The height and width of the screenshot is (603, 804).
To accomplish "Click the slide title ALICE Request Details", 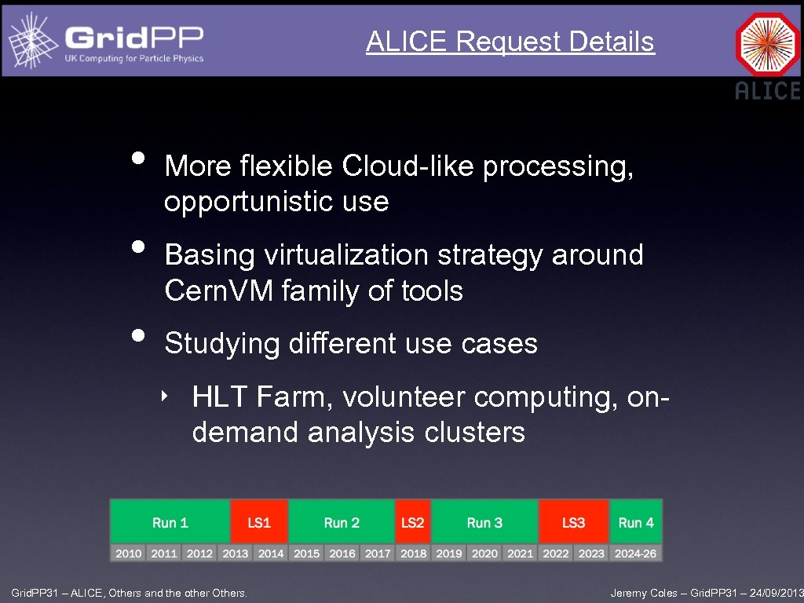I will coord(510,42).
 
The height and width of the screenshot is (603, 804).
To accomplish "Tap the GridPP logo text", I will coord(134,38).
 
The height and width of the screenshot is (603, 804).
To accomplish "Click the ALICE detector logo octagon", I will coord(767,44).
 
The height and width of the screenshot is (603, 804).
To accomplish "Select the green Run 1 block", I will coord(170,522).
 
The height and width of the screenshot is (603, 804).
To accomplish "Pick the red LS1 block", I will coord(259,522).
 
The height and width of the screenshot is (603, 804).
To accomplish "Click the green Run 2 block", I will coord(342,522).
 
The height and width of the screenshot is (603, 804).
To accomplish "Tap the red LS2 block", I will coord(413,522).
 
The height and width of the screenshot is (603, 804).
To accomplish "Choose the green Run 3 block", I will coord(484,522).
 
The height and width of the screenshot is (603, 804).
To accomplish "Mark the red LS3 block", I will coord(573,522).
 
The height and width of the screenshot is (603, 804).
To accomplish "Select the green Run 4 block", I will coord(636,522).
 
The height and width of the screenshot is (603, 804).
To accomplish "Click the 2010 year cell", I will coord(128,554).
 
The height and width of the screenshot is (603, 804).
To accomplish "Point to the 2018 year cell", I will coord(413,554).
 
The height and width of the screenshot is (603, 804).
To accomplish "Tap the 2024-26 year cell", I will coord(636,554).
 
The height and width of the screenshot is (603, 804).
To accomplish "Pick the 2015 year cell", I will coord(306,554).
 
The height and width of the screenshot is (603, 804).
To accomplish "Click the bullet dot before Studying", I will coord(139,335).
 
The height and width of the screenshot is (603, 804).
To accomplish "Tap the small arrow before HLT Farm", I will coord(165,396).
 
